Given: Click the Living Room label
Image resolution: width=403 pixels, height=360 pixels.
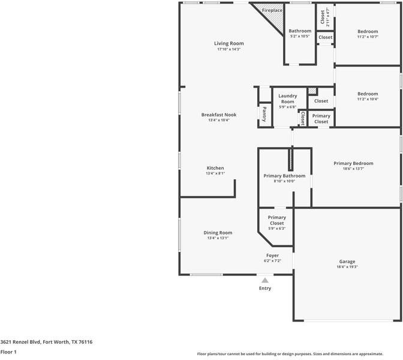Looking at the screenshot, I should (x=229, y=43).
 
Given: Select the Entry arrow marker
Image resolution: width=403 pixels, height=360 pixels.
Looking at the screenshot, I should (x=265, y=280).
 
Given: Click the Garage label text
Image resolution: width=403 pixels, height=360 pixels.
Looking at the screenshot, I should (x=347, y=262).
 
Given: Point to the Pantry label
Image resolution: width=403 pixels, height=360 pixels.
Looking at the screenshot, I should (x=264, y=114).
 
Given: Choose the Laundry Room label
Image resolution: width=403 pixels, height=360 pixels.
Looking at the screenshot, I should (x=288, y=98).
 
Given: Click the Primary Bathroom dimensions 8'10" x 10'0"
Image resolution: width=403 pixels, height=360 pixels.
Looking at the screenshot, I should (x=284, y=181).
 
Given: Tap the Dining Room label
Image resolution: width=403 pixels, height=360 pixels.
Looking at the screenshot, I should (x=218, y=233).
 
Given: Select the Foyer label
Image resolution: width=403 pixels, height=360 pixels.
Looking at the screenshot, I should (x=273, y=256).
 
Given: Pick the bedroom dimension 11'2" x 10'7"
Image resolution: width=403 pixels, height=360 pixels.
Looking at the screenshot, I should (x=368, y=37).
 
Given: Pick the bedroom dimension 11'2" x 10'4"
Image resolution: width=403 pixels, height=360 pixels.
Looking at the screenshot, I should (x=368, y=99).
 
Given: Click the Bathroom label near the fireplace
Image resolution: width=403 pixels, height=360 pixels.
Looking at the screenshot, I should (x=300, y=31).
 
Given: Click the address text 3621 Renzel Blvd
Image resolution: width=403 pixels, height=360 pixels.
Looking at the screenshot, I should (x=46, y=342).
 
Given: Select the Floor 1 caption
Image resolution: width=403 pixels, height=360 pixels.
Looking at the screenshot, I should (x=8, y=352).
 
